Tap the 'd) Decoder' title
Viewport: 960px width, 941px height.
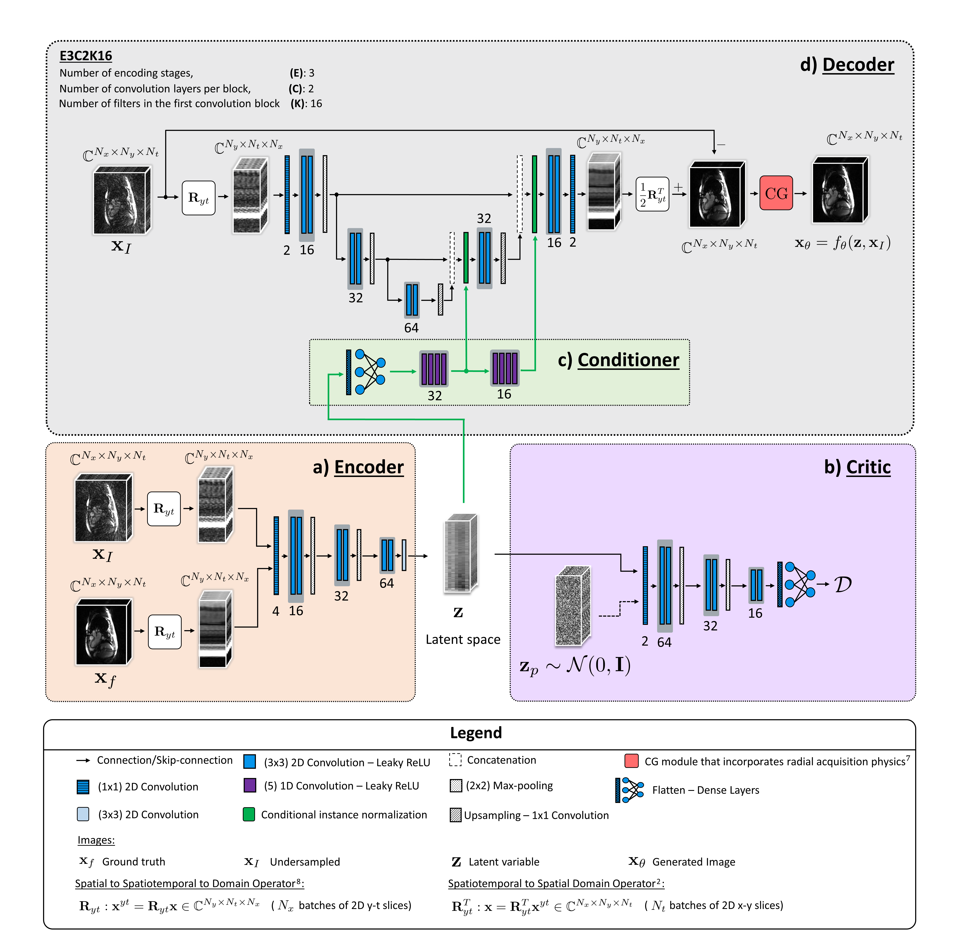point(847,65)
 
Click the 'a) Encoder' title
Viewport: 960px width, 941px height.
point(358,467)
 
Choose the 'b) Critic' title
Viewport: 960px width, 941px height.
point(857,467)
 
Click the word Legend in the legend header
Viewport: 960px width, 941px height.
point(476,732)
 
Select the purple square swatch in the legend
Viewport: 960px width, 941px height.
point(250,785)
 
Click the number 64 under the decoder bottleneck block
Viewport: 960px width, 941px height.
point(411,328)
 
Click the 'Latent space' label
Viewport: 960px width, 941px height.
point(463,639)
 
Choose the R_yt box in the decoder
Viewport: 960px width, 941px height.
point(198,198)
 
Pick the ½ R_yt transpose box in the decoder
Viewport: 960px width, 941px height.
point(652,194)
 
